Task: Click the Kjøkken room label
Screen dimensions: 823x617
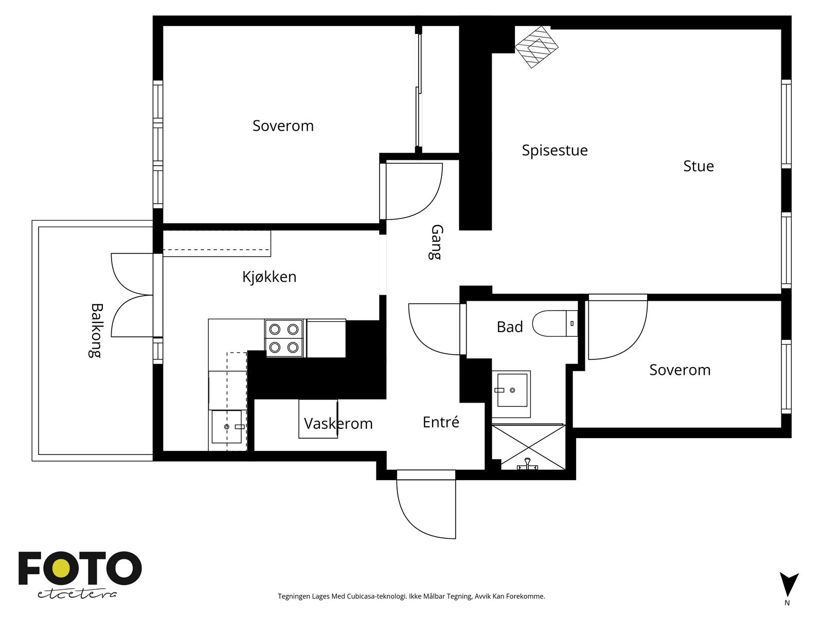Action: [x=269, y=277]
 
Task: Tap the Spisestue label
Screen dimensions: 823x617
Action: [x=554, y=151]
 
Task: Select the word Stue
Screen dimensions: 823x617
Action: [x=698, y=166]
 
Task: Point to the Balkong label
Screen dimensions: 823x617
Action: [x=96, y=331]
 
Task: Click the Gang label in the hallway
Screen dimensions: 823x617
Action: [x=436, y=242]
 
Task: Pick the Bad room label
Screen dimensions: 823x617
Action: [x=510, y=326]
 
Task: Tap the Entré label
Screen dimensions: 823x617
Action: [x=440, y=422]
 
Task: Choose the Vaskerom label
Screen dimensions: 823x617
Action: [x=338, y=424]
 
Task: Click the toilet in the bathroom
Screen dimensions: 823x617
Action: [x=556, y=323]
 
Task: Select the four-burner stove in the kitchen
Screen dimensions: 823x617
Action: [x=284, y=338]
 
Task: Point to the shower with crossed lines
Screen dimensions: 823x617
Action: [x=528, y=446]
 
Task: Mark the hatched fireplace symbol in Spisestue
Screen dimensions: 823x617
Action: [x=536, y=47]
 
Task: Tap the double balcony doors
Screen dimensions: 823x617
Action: [x=132, y=295]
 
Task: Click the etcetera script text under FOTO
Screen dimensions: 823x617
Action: [x=77, y=594]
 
